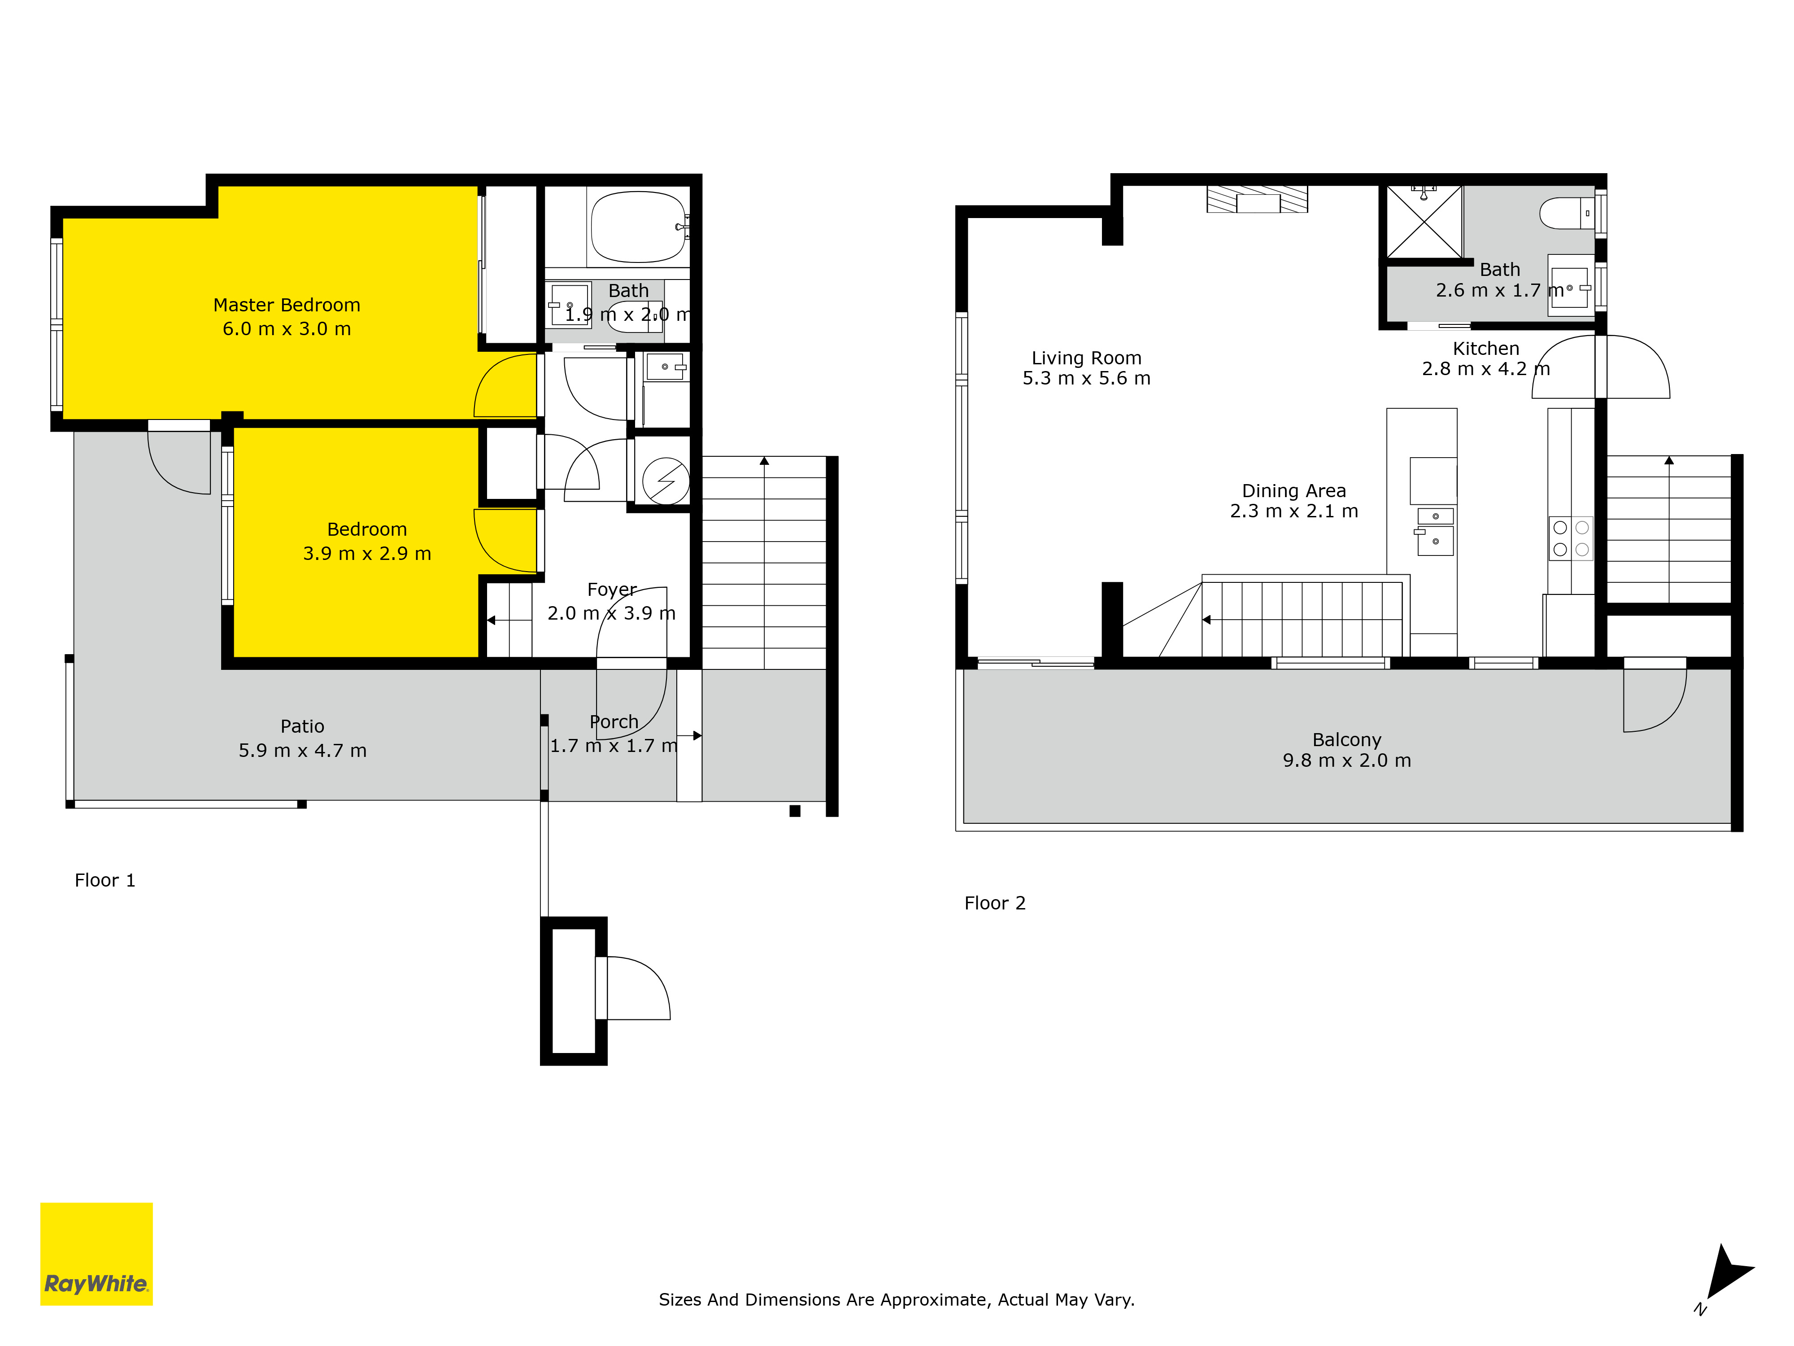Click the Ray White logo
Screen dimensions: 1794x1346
(x=96, y=1254)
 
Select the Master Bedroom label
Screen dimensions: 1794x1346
(x=286, y=305)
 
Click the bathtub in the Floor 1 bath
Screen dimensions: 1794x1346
(x=638, y=227)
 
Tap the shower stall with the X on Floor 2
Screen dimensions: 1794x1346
(x=1424, y=222)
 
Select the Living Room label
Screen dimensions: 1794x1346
(x=1086, y=358)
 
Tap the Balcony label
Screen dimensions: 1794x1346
(x=1346, y=740)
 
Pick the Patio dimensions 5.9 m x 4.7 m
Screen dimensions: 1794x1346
(x=303, y=751)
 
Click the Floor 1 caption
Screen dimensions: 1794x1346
(x=105, y=880)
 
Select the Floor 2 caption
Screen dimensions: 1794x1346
(x=994, y=903)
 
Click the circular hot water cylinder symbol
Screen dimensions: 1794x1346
(x=666, y=481)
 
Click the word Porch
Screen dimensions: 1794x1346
(x=614, y=721)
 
